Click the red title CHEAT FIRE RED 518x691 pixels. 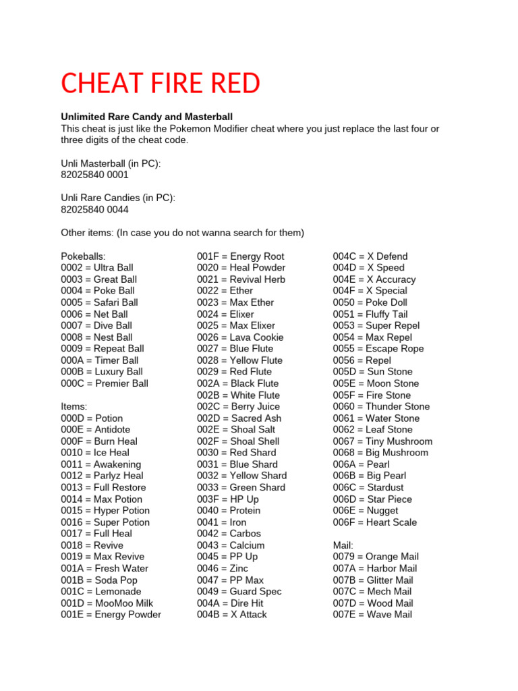pos(161,84)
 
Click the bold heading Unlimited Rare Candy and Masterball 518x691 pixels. pos(146,117)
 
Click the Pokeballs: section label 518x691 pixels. pos(84,256)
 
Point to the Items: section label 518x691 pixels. pos(74,406)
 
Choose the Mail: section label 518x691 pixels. pos(345,545)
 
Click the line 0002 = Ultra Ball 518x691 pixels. pos(97,268)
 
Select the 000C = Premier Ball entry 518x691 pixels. pos(105,383)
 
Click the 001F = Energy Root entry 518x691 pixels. pos(241,256)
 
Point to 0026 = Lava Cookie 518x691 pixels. pos(240,337)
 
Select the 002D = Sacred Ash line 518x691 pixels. pos(239,418)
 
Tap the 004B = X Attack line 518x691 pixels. pos(232,615)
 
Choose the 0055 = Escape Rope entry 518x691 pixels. pos(378,349)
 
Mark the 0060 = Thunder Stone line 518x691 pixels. pos(381,406)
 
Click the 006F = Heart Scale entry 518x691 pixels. pos(375,522)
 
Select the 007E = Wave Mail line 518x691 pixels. pos(372,615)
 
